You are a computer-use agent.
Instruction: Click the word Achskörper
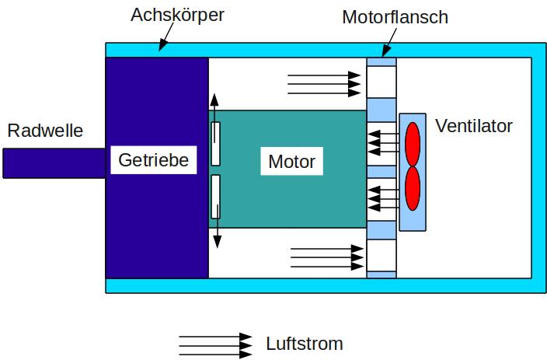click(177, 16)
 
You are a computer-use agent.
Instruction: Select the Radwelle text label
click(45, 131)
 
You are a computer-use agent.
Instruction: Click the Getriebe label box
click(154, 160)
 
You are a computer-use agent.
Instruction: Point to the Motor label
click(291, 162)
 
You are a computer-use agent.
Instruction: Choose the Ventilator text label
click(474, 126)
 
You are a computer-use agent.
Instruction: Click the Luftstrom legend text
click(304, 344)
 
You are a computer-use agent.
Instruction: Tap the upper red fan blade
click(413, 142)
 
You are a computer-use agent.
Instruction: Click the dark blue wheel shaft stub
click(54, 163)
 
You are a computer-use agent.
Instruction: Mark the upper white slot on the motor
click(216, 143)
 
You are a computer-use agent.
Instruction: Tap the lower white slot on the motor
click(216, 196)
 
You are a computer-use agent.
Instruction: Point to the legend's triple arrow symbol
click(216, 344)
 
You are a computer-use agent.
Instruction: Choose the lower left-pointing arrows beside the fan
click(385, 197)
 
